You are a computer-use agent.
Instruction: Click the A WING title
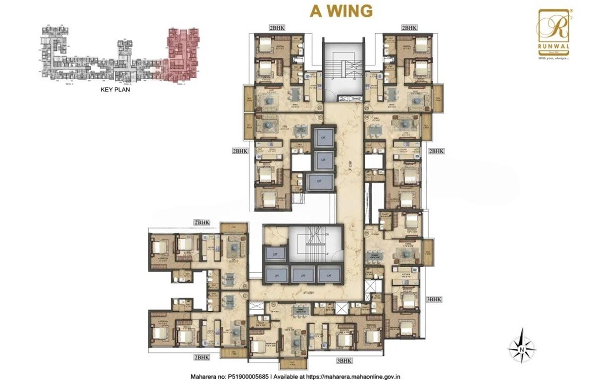coord(341,11)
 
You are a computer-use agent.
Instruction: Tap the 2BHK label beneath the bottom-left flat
coord(201,357)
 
